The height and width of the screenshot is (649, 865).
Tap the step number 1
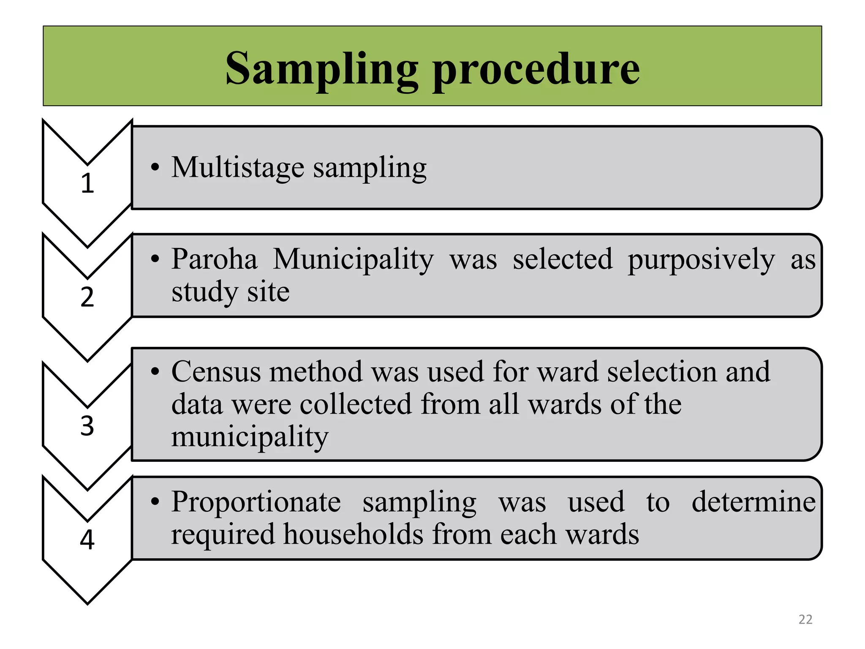coord(87,183)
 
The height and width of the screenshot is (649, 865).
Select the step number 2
coord(87,297)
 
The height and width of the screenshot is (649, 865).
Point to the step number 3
coord(87,425)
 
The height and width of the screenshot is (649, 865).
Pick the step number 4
coord(87,540)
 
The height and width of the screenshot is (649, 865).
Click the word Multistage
coord(237,168)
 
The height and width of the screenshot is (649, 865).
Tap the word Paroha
coord(214,259)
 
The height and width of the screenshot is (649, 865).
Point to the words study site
coord(231,292)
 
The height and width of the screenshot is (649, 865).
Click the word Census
coord(216,372)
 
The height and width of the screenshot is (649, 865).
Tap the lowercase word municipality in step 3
coord(250,437)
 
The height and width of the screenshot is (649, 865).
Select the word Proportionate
coord(256,502)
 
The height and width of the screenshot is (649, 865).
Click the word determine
coord(753,502)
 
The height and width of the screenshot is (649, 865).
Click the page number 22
coord(805,619)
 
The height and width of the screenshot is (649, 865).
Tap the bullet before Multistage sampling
coord(155,167)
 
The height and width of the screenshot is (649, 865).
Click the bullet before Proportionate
coord(155,502)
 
